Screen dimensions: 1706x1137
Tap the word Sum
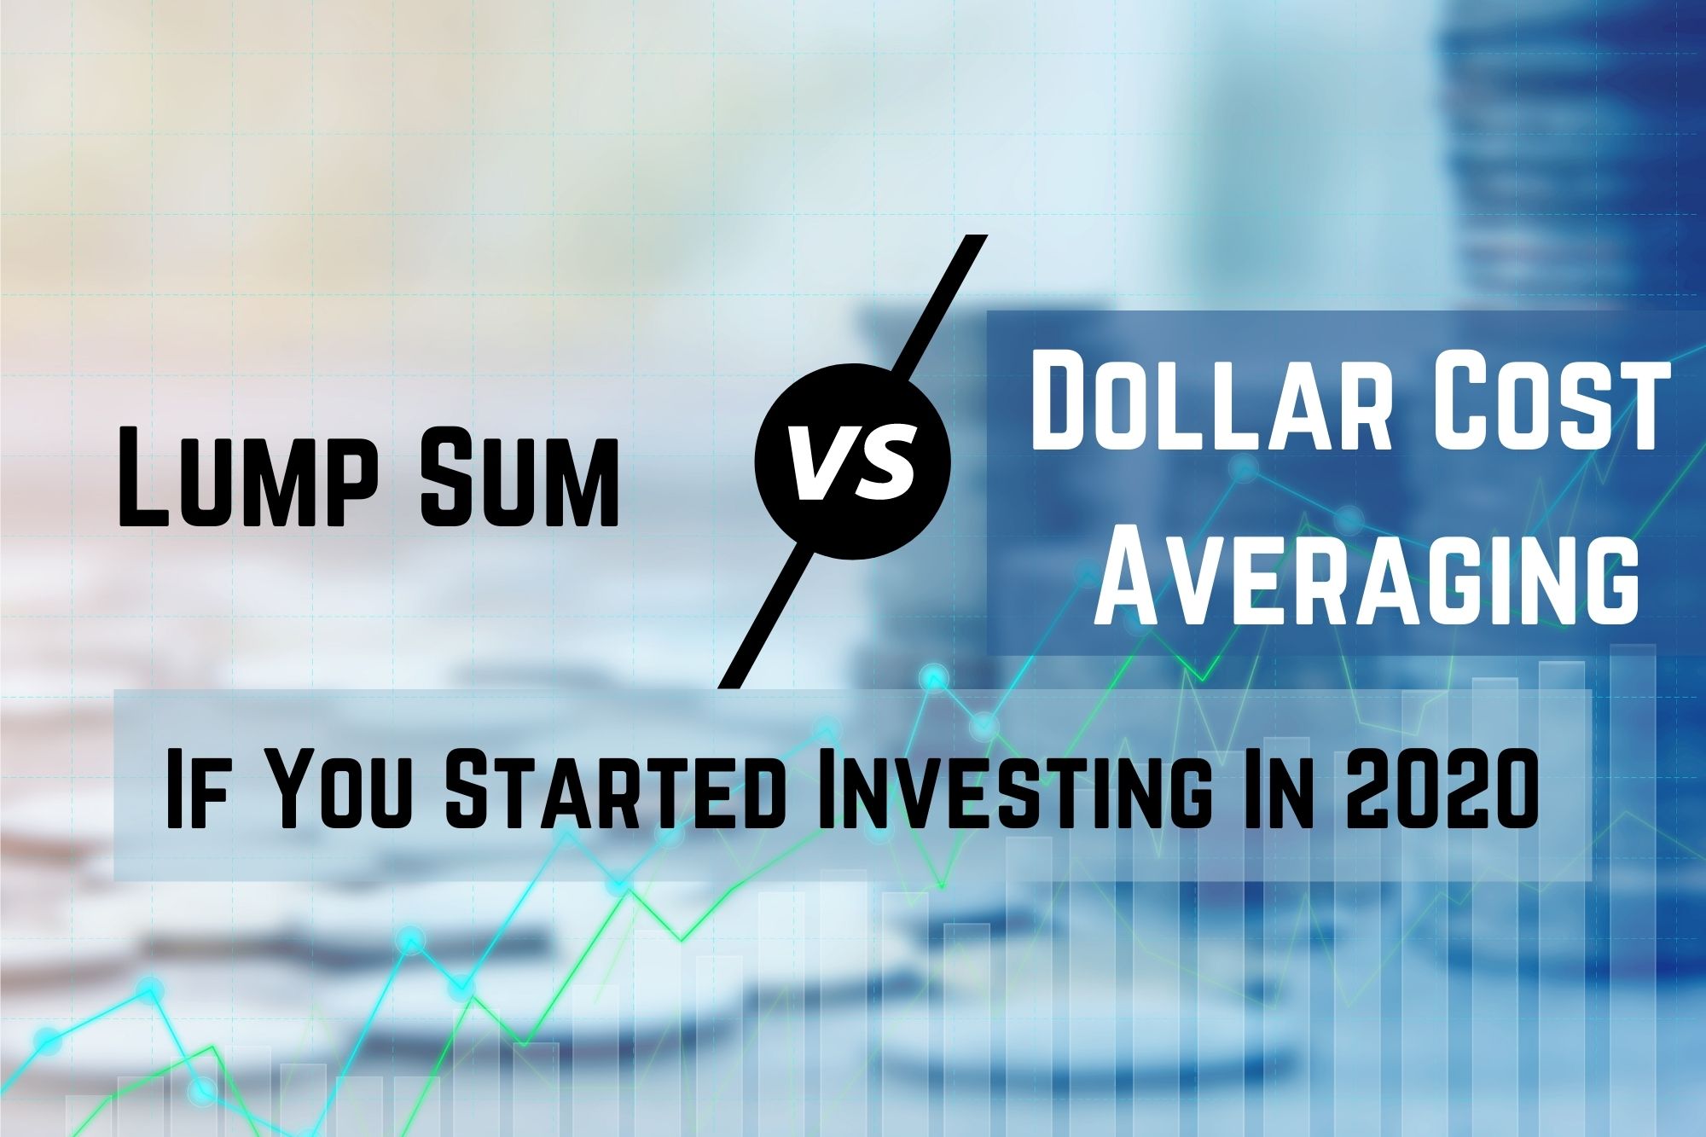519,477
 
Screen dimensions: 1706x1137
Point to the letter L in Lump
146,477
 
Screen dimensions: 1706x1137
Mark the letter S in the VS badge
883,463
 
